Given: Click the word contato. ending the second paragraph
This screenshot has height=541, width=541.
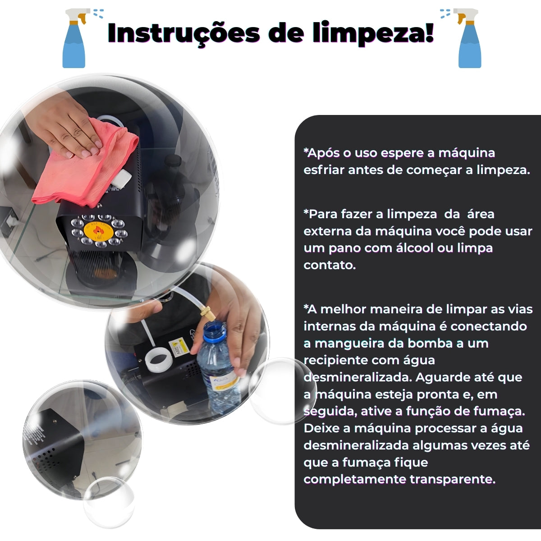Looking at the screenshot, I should [330, 265].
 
